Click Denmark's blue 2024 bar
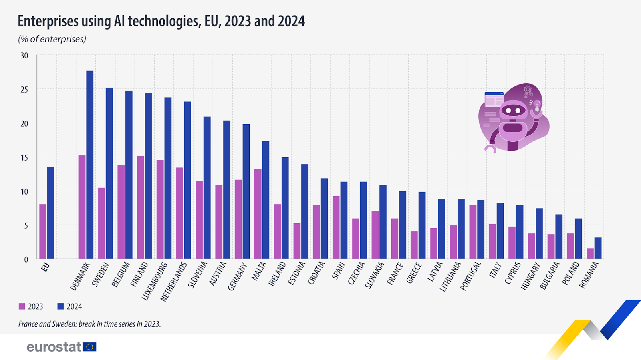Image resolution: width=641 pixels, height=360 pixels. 90,165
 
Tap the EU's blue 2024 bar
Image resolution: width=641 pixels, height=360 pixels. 50,213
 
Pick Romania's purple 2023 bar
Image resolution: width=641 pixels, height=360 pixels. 590,253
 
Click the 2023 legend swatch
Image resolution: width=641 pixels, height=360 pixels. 22,306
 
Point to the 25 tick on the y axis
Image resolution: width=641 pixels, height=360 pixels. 24,90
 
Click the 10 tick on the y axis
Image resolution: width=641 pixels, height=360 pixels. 24,192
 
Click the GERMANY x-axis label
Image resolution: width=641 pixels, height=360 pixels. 238,276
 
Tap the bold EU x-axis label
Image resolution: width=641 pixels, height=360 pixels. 45,267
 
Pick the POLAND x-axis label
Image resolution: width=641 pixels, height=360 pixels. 571,274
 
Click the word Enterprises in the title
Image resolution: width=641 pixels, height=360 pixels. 48,21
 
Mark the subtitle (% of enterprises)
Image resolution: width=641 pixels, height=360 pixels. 52,39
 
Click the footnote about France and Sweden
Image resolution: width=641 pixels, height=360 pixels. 89,324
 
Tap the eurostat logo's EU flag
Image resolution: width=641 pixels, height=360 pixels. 89,347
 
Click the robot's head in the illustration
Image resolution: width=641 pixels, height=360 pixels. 513,110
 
